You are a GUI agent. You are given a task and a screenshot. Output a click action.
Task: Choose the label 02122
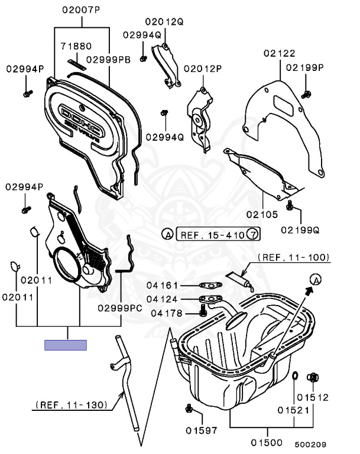[x=279, y=53]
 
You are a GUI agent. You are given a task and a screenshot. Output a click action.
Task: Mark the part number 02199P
[x=305, y=67]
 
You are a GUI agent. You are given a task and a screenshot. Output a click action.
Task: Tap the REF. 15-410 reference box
[x=212, y=235]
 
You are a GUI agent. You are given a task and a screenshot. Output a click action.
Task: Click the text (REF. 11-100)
[x=293, y=258]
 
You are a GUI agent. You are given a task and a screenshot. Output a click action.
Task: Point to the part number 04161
[x=163, y=286]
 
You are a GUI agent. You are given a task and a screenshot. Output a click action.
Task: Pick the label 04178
[x=167, y=313]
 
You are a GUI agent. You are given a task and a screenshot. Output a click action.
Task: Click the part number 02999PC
[x=121, y=307]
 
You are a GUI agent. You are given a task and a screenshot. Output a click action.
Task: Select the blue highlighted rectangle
[x=66, y=345]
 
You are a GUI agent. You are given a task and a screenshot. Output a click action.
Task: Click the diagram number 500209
[x=310, y=444]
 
